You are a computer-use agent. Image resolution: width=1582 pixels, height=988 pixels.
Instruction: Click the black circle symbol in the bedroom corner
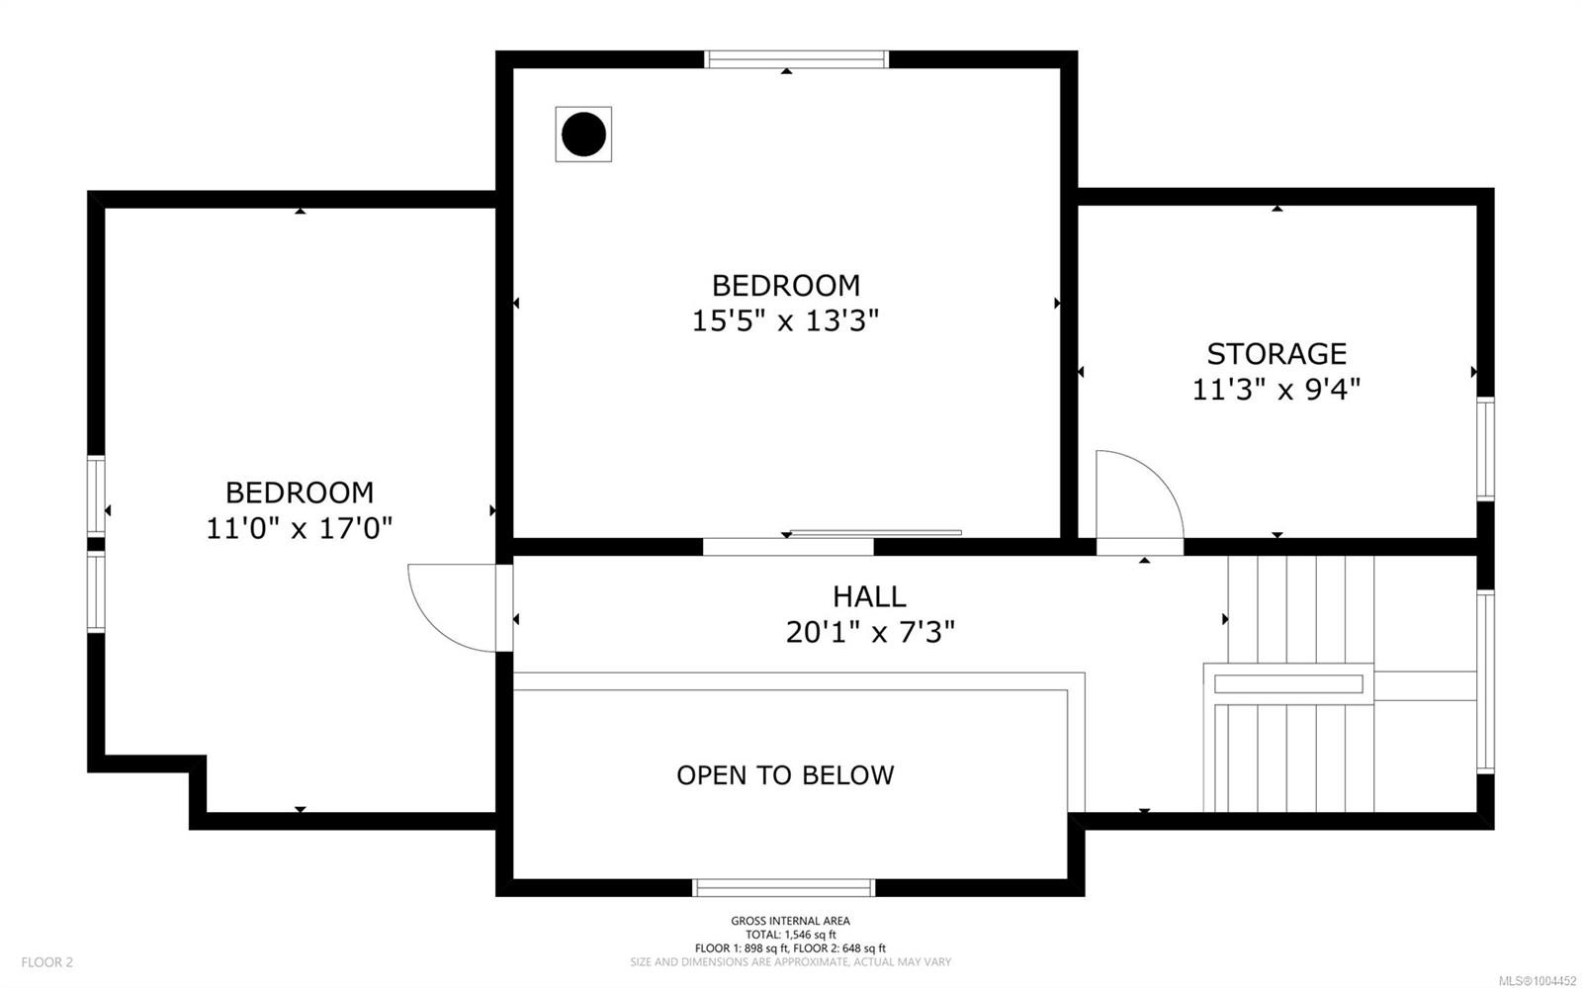tap(583, 135)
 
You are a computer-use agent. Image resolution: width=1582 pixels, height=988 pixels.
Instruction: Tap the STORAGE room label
tap(1276, 354)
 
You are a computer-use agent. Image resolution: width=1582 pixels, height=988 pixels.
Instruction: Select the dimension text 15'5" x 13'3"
tap(785, 321)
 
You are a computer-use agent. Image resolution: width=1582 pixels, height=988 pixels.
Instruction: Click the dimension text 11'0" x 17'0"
tap(299, 528)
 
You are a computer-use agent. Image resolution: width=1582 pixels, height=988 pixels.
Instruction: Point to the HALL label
tap(869, 596)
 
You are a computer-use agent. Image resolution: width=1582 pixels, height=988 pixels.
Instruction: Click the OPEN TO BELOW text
tap(785, 775)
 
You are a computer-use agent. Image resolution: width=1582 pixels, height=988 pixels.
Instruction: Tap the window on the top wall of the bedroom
tap(797, 59)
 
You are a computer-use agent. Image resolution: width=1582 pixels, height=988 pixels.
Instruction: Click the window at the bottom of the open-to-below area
tap(784, 887)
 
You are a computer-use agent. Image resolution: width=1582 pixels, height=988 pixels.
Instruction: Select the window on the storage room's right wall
tap(1485, 448)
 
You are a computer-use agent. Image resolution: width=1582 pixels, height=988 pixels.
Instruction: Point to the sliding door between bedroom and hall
tap(875, 533)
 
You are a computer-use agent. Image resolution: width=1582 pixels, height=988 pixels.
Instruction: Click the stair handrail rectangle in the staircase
tap(1287, 683)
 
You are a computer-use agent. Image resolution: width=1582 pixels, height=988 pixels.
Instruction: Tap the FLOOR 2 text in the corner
tap(47, 962)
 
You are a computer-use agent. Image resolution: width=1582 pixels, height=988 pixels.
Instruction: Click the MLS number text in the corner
tap(1538, 981)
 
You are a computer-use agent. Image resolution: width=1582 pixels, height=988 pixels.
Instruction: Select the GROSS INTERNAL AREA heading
tap(790, 921)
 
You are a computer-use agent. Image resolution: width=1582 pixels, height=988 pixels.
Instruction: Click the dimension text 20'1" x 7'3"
tap(870, 632)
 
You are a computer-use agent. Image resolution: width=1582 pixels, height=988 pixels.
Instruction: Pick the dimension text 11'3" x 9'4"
tap(1276, 390)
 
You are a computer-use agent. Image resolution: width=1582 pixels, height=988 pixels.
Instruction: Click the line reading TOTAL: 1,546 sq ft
tap(790, 935)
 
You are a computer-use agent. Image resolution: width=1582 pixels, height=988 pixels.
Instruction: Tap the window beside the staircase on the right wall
tap(1485, 681)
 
